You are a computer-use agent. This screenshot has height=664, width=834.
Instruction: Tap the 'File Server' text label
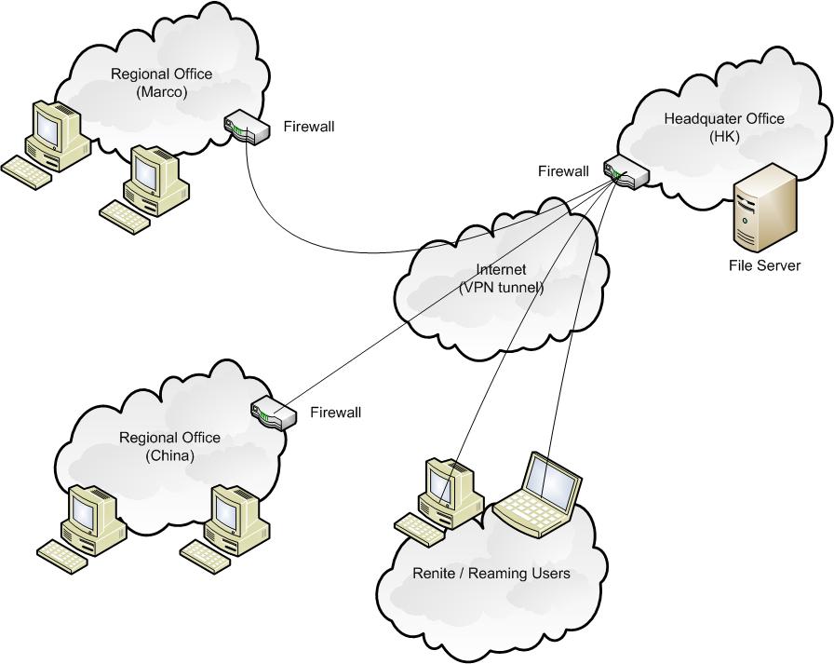point(764,266)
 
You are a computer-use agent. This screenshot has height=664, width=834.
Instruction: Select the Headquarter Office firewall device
point(624,172)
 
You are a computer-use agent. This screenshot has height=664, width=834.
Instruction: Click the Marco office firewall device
point(248,127)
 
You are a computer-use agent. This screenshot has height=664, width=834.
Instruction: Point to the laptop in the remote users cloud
point(539,495)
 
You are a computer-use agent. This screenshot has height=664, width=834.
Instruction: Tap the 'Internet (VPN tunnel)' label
point(502,279)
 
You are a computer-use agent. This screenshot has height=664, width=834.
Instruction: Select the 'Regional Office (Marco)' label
point(161,82)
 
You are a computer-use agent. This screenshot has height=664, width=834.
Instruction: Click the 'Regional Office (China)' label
point(169,446)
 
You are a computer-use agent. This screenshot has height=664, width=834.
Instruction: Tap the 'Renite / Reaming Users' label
point(491,574)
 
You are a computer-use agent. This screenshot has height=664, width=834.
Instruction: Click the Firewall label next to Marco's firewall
point(308,126)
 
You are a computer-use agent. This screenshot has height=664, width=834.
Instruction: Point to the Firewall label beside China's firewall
point(335,412)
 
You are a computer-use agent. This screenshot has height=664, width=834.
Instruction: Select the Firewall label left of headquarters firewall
point(563,170)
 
